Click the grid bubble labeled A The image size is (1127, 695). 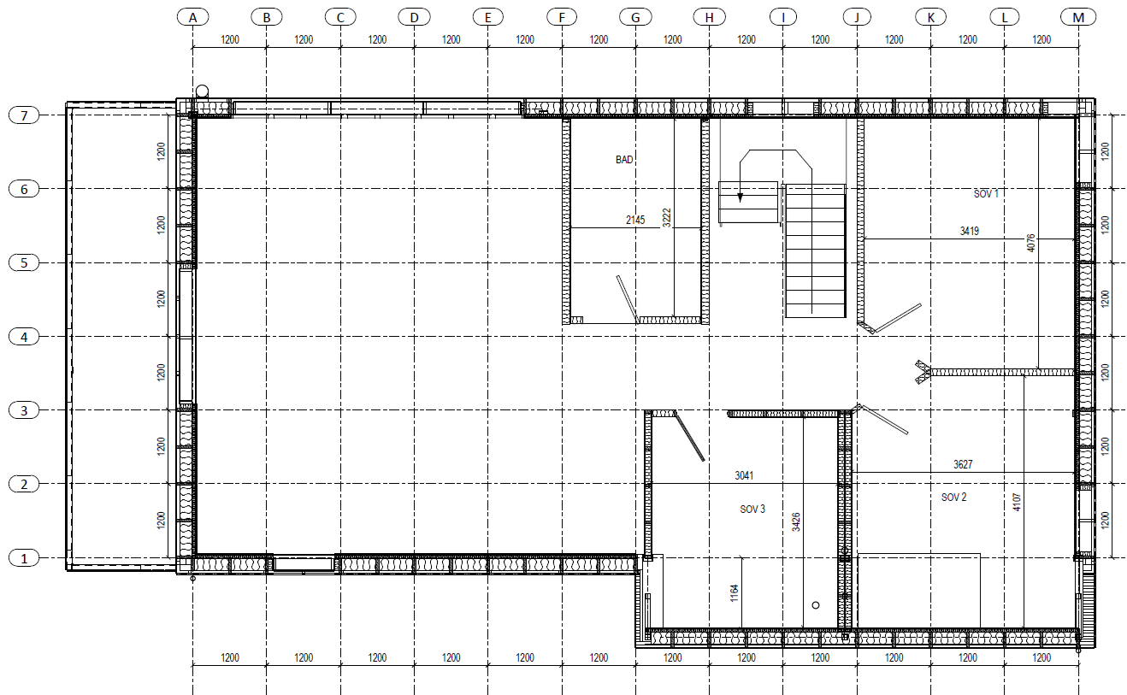192,18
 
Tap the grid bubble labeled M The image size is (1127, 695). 1078,18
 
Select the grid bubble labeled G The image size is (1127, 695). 635,18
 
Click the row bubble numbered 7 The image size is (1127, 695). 24,115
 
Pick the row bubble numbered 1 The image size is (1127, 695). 24,558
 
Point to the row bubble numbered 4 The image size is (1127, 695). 24,337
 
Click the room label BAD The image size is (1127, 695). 624,159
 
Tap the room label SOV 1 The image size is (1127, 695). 986,193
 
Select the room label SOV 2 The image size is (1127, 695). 954,497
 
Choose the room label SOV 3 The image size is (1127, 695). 752,509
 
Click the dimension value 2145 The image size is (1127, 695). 635,220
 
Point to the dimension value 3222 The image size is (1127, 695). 667,218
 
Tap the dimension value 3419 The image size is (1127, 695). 970,231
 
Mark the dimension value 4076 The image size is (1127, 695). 1031,243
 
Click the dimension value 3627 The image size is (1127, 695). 963,464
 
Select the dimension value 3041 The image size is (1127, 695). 744,475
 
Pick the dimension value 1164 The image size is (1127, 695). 734,593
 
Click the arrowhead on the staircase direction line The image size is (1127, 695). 741,197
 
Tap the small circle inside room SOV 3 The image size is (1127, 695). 816,605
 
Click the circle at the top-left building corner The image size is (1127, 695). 202,91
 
